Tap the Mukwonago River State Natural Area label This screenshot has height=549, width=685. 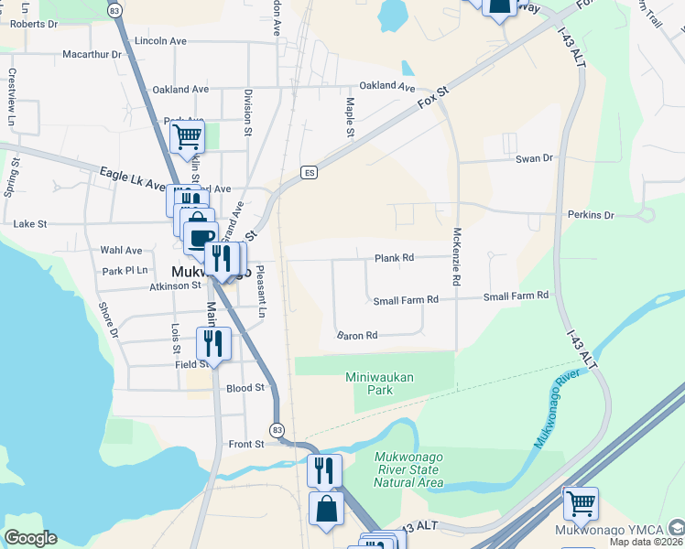(x=408, y=469)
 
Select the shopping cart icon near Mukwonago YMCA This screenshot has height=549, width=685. (x=581, y=502)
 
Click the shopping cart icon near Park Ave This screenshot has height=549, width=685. (x=187, y=137)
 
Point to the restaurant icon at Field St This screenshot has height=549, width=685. (x=213, y=344)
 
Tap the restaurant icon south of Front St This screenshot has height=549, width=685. (x=324, y=470)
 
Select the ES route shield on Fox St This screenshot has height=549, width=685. (x=310, y=173)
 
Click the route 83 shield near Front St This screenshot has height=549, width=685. (x=277, y=429)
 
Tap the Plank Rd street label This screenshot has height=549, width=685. (x=395, y=259)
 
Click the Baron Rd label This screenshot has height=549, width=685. (x=357, y=336)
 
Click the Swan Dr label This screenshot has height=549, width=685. (x=535, y=158)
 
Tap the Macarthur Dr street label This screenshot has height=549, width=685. (x=92, y=55)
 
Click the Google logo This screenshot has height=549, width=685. (x=30, y=538)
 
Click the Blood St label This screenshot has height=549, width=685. (x=245, y=388)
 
